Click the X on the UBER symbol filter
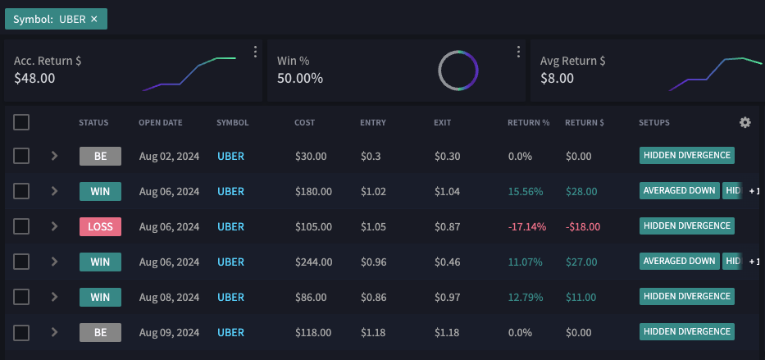94,19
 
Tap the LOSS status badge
100,226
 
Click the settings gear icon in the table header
745,122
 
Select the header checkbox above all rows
21,122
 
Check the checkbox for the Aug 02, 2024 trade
21,156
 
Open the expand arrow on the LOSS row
54,226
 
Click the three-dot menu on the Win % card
518,52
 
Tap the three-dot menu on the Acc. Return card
255,52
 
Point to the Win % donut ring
458,71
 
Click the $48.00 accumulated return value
35,79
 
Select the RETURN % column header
528,123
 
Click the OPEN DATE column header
161,123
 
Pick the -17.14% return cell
527,226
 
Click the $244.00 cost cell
313,262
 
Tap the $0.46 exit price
447,262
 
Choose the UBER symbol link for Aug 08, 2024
230,297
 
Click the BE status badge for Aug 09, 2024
100,332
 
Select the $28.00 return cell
582,191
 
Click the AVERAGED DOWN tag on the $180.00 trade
679,190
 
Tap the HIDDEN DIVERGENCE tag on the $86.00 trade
686,296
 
